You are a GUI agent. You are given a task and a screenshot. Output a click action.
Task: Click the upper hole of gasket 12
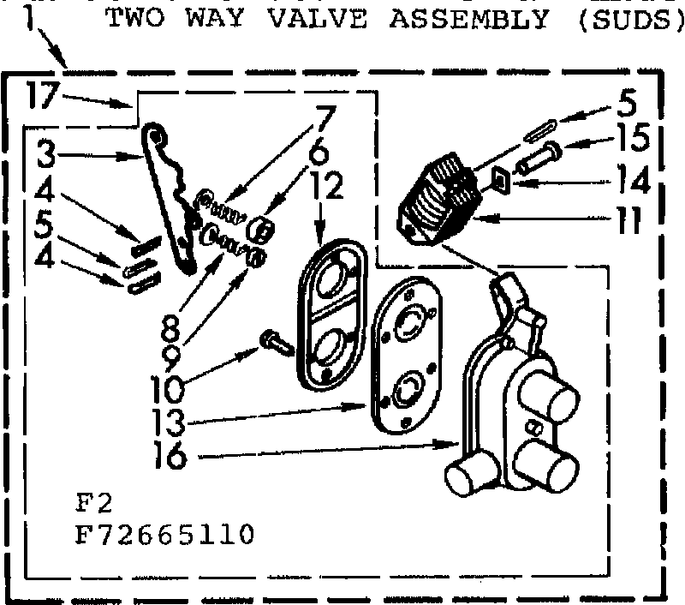tap(332, 280)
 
